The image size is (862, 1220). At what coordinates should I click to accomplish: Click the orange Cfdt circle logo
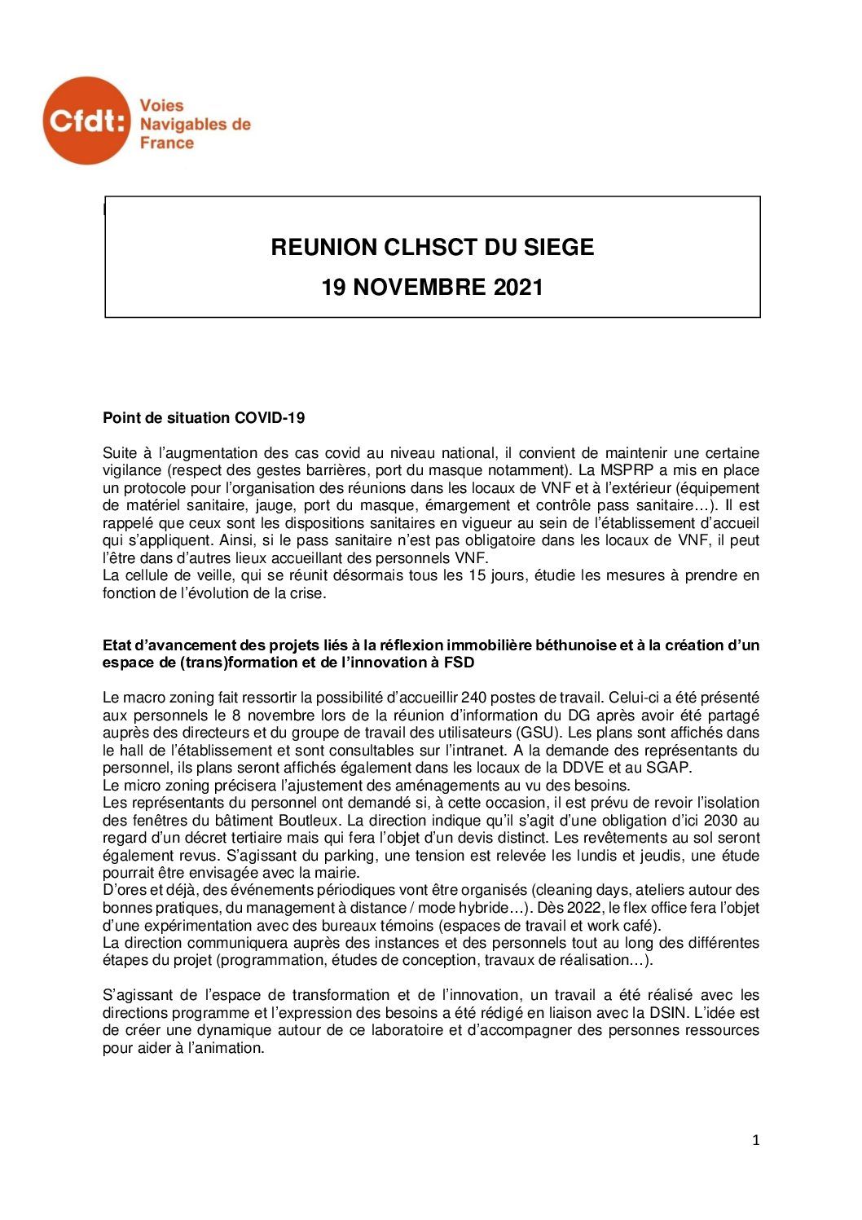click(x=86, y=121)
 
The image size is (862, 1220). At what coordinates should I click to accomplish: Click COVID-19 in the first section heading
click(x=270, y=418)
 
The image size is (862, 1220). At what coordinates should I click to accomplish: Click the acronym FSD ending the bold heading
click(x=460, y=663)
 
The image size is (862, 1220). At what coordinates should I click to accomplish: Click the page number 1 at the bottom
click(x=756, y=1141)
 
